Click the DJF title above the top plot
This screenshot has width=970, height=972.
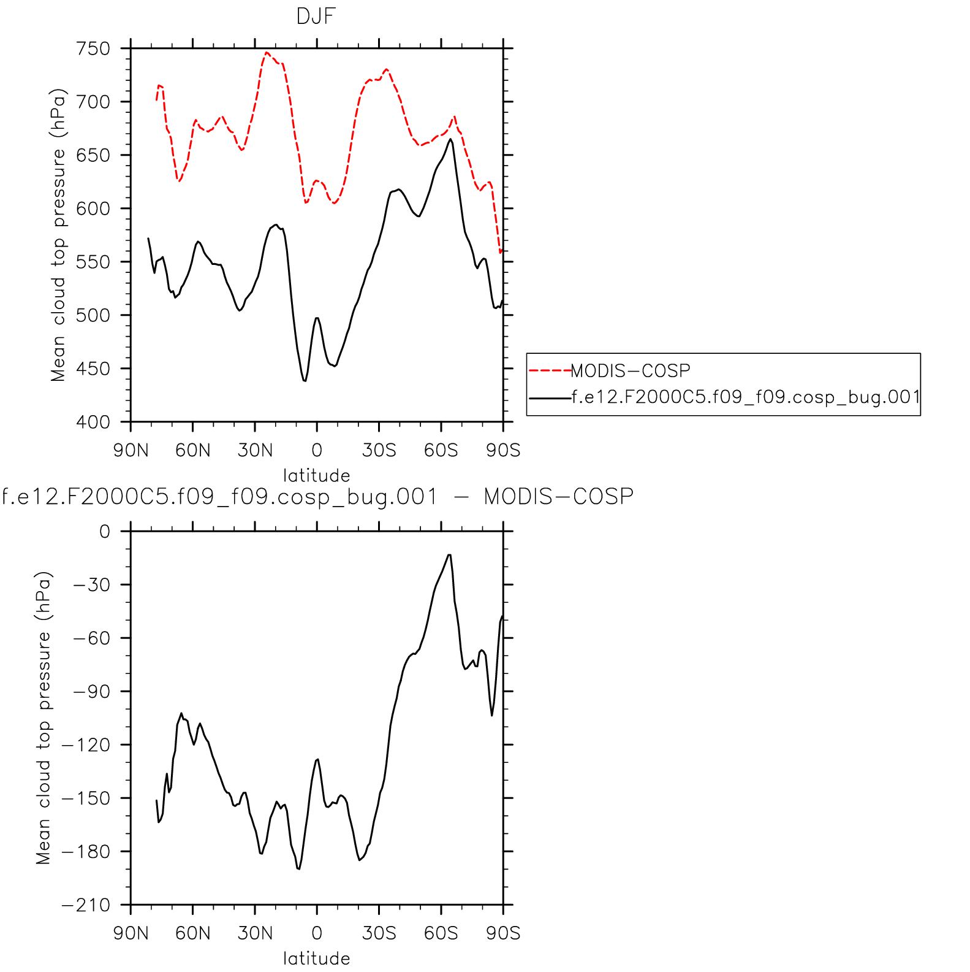click(316, 16)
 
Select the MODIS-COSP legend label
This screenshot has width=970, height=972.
click(631, 370)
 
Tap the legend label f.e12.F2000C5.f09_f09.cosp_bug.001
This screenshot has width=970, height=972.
click(745, 397)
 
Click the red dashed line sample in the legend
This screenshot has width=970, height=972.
click(550, 370)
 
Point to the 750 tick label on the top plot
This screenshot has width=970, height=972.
click(93, 48)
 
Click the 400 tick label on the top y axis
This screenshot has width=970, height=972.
click(93, 422)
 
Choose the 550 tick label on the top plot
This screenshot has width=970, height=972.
click(93, 262)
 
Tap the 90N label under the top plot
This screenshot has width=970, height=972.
click(131, 451)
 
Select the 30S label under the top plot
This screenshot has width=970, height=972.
click(379, 451)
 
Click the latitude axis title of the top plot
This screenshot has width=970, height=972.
click(316, 475)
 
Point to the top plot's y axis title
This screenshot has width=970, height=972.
click(58, 235)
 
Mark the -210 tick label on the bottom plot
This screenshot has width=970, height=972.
click(86, 905)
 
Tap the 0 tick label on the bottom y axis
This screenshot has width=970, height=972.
click(105, 531)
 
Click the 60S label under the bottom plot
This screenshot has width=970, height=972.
click(441, 933)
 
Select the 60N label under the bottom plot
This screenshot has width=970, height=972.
click(193, 933)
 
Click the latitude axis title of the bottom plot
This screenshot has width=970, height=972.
click(316, 958)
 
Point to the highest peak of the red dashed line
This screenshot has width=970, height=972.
click(267, 53)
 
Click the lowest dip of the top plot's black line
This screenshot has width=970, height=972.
click(305, 381)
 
